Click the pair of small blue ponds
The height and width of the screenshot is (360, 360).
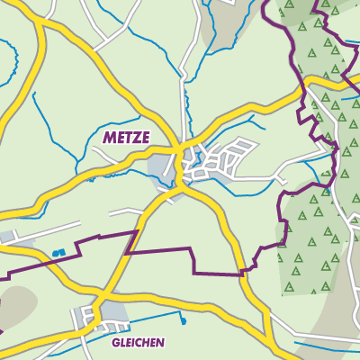pos(58,252)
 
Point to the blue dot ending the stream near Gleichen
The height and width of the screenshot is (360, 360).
pos(183,320)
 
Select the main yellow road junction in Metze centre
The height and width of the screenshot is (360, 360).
pos(183,146)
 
